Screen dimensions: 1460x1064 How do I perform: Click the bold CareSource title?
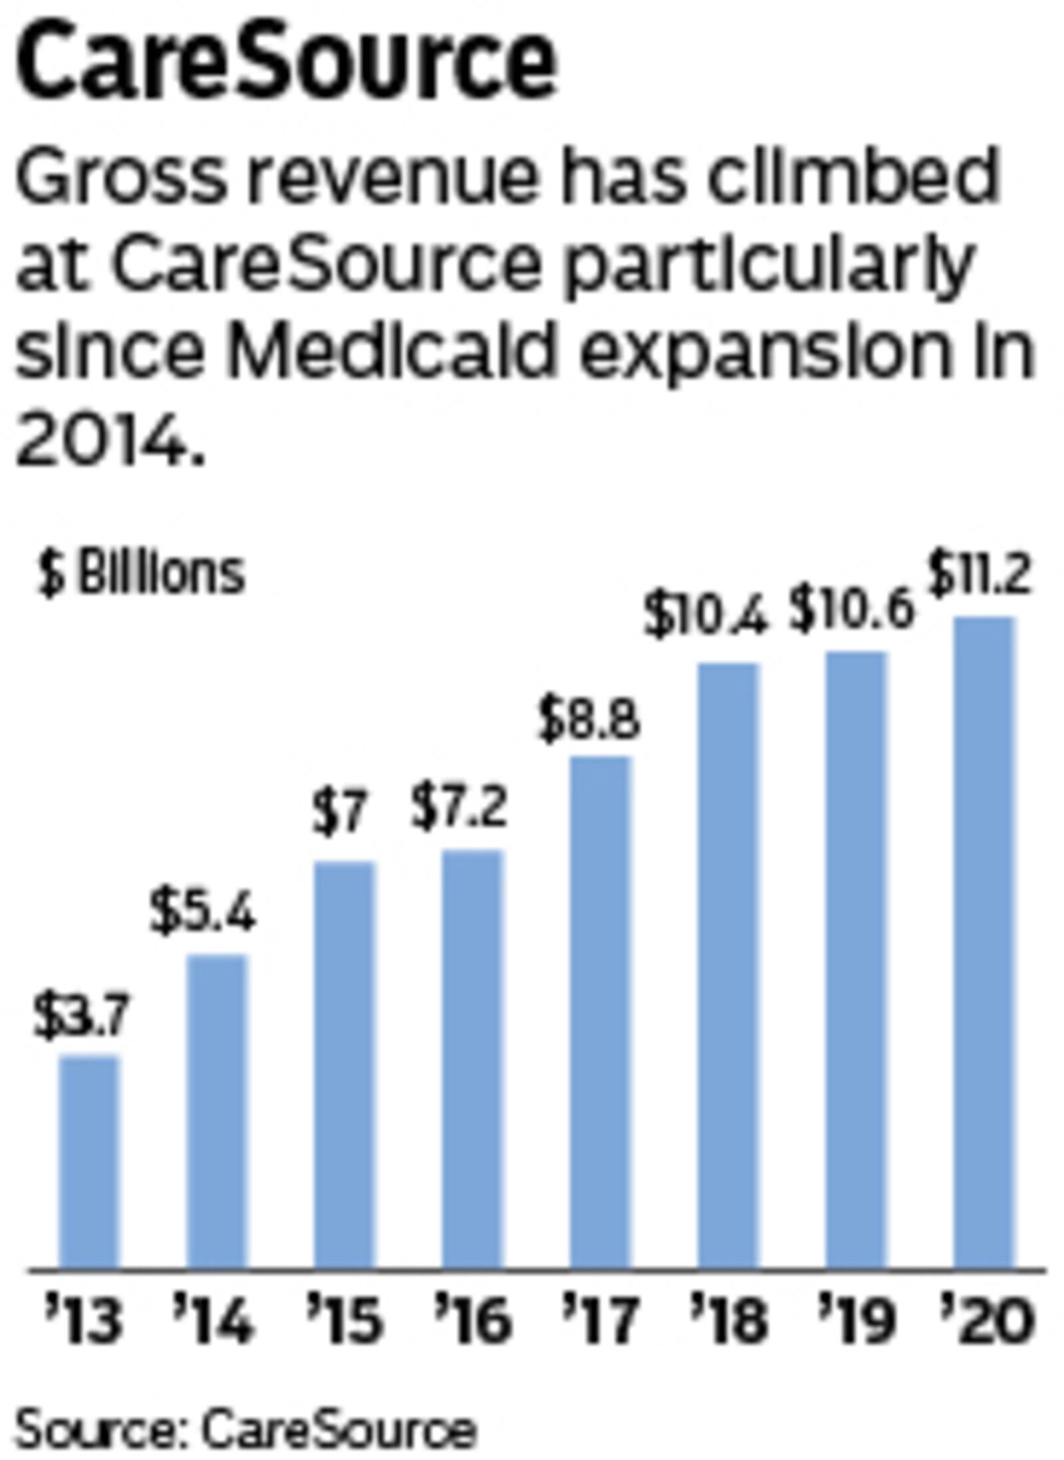286,63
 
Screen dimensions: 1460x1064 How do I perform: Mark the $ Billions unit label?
141,573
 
